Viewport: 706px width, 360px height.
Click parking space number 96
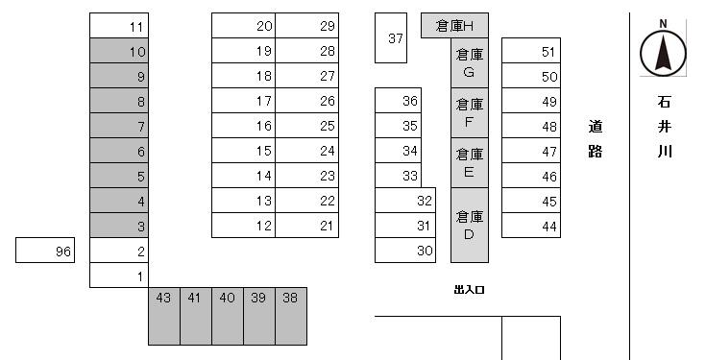point(45,251)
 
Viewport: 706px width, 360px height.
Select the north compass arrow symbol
point(663,50)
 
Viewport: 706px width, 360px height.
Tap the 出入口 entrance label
point(469,289)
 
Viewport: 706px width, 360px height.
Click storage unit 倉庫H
point(455,25)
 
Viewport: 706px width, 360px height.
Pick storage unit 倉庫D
point(470,225)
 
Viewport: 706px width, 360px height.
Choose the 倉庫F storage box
point(470,112)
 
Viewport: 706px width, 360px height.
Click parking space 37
point(390,38)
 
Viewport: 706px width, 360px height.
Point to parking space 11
point(119,26)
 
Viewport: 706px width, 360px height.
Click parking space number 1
point(119,276)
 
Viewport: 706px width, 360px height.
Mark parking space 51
point(531,51)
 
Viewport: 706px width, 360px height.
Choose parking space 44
point(531,226)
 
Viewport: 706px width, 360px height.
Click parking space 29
point(307,26)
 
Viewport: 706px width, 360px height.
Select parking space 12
point(244,226)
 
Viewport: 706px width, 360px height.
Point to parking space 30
point(405,251)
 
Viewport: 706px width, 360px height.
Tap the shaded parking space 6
point(119,151)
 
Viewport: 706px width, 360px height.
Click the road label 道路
point(596,138)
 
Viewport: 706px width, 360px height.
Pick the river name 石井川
point(664,126)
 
